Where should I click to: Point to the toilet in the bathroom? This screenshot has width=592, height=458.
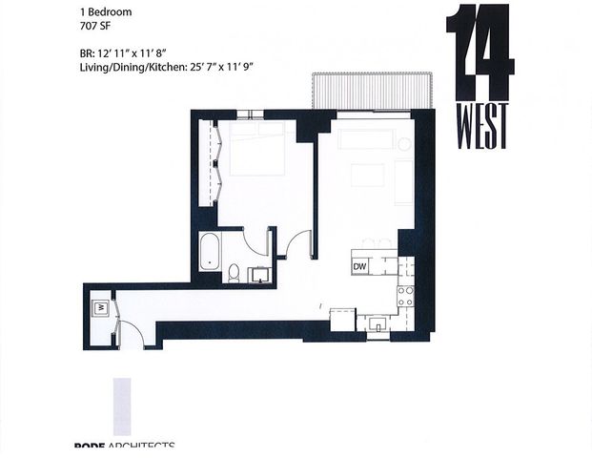[x=234, y=274]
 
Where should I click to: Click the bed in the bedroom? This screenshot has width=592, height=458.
[x=255, y=148]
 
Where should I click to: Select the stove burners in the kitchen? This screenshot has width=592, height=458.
[x=405, y=294]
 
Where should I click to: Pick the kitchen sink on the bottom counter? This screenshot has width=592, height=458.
[x=379, y=324]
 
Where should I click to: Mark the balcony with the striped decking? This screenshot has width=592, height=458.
[x=373, y=93]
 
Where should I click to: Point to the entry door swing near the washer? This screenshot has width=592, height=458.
[x=130, y=334]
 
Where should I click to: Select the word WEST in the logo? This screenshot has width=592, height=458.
[x=480, y=126]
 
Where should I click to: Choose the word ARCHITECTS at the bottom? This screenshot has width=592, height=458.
[x=142, y=448]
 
